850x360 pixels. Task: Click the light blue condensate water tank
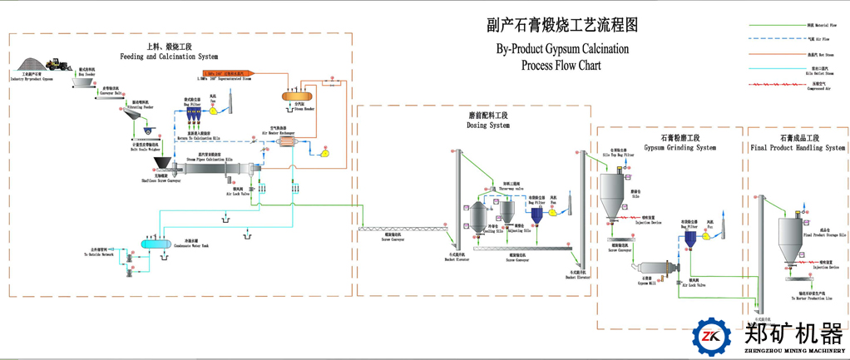[152, 244]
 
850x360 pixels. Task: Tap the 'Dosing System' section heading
[488, 125]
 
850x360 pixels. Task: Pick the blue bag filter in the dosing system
[538, 215]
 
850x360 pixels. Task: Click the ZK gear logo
[712, 337]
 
